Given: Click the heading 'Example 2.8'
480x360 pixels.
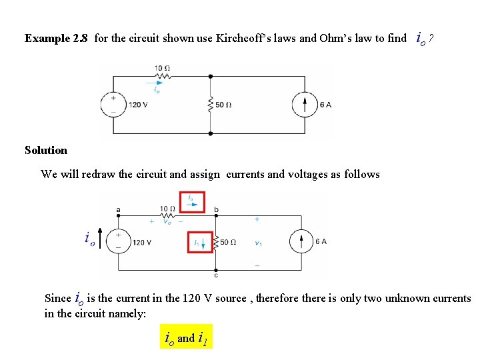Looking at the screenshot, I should click(55, 39).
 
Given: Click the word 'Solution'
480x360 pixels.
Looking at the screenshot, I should click(46, 151).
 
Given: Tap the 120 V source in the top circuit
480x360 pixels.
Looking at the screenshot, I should click(113, 104).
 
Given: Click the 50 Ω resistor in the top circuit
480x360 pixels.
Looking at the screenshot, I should click(210, 105).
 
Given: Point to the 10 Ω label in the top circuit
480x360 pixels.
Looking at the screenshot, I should click(162, 69).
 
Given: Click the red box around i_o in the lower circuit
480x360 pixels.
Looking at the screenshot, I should click(191, 201).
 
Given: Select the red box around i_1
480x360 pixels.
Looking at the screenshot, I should click(200, 242).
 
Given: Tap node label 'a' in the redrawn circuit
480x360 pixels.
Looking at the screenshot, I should click(119, 210).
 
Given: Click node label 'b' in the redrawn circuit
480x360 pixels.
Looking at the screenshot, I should click(216, 210).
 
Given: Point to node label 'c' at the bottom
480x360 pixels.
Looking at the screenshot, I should click(216, 275).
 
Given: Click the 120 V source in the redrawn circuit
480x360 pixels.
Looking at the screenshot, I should click(118, 242).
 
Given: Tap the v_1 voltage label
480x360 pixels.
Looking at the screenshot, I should click(258, 243).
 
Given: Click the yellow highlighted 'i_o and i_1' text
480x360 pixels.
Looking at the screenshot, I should click(186, 337).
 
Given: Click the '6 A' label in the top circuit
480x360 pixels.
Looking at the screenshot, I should click(325, 105).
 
